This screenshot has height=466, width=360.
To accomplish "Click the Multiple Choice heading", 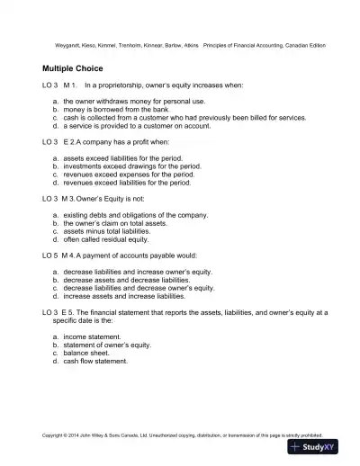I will click(72, 67).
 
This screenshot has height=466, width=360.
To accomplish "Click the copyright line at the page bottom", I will click(180, 433).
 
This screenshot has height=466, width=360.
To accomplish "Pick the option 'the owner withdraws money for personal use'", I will click(134, 101).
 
